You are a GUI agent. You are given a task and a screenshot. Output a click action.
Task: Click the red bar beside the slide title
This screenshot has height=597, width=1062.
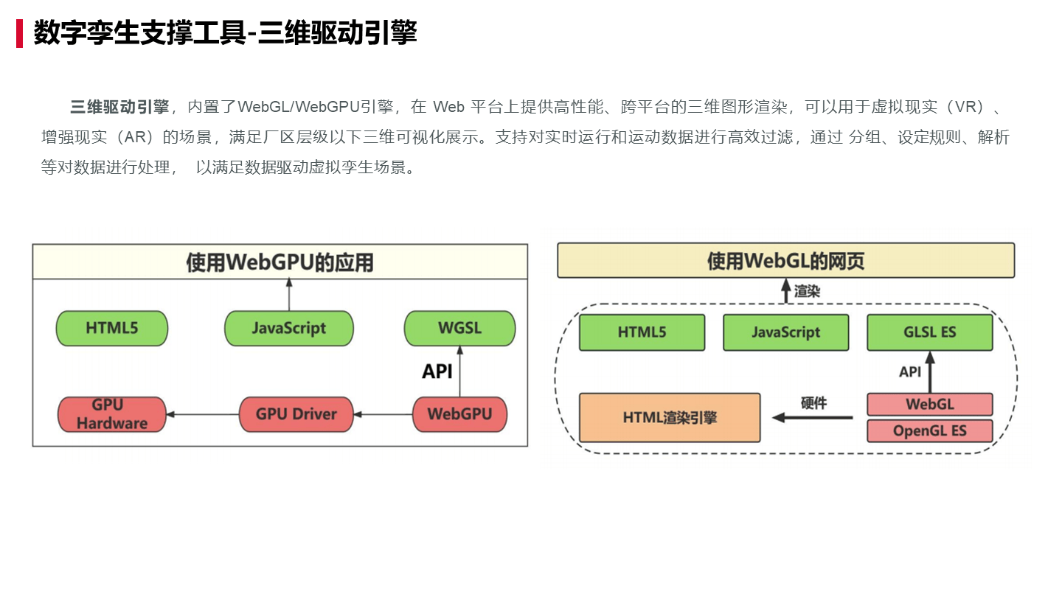20,33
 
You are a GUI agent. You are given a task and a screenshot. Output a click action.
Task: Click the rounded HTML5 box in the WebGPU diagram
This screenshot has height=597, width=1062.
112,328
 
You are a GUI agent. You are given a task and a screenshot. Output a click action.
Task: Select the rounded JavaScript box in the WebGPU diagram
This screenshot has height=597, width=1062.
288,328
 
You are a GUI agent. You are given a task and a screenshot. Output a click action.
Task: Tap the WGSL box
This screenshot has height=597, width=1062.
459,328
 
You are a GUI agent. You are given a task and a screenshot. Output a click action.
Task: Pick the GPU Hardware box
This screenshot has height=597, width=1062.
111,414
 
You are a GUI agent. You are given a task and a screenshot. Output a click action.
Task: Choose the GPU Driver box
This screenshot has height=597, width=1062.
296,414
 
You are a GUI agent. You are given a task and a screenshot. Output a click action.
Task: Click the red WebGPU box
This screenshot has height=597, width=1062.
459,414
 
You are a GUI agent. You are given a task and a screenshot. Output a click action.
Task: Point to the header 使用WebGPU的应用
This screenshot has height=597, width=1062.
280,262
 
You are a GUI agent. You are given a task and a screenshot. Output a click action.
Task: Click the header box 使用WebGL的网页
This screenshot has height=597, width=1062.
785,261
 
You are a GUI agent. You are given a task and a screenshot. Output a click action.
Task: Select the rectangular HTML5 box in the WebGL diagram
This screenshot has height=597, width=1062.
642,332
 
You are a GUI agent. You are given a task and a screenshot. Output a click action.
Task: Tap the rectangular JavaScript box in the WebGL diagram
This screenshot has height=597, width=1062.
785,332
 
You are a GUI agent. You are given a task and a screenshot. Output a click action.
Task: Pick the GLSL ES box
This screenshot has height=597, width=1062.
929,332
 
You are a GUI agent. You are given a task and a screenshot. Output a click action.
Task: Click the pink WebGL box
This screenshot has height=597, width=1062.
929,404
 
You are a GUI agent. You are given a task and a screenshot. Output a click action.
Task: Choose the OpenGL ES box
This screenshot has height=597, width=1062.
929,431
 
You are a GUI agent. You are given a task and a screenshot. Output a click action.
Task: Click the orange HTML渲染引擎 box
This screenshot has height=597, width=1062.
669,418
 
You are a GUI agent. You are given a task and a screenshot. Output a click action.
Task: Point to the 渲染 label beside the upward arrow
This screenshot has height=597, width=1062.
807,292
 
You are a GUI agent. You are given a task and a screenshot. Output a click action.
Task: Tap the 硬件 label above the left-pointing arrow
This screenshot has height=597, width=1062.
814,403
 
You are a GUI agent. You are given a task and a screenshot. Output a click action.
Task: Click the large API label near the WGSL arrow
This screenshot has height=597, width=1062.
437,371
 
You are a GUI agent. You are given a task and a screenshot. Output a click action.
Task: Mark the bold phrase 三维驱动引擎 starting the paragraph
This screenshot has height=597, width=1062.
119,107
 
